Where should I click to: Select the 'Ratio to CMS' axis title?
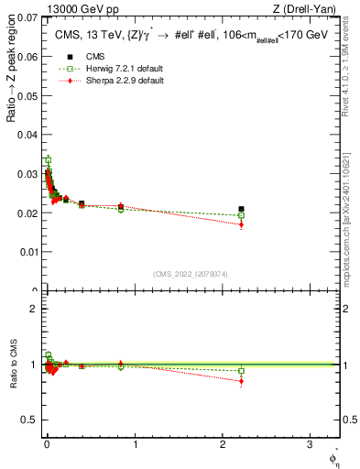(12, 363)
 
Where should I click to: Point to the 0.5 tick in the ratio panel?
(30, 420)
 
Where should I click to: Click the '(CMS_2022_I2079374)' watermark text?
(190, 272)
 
